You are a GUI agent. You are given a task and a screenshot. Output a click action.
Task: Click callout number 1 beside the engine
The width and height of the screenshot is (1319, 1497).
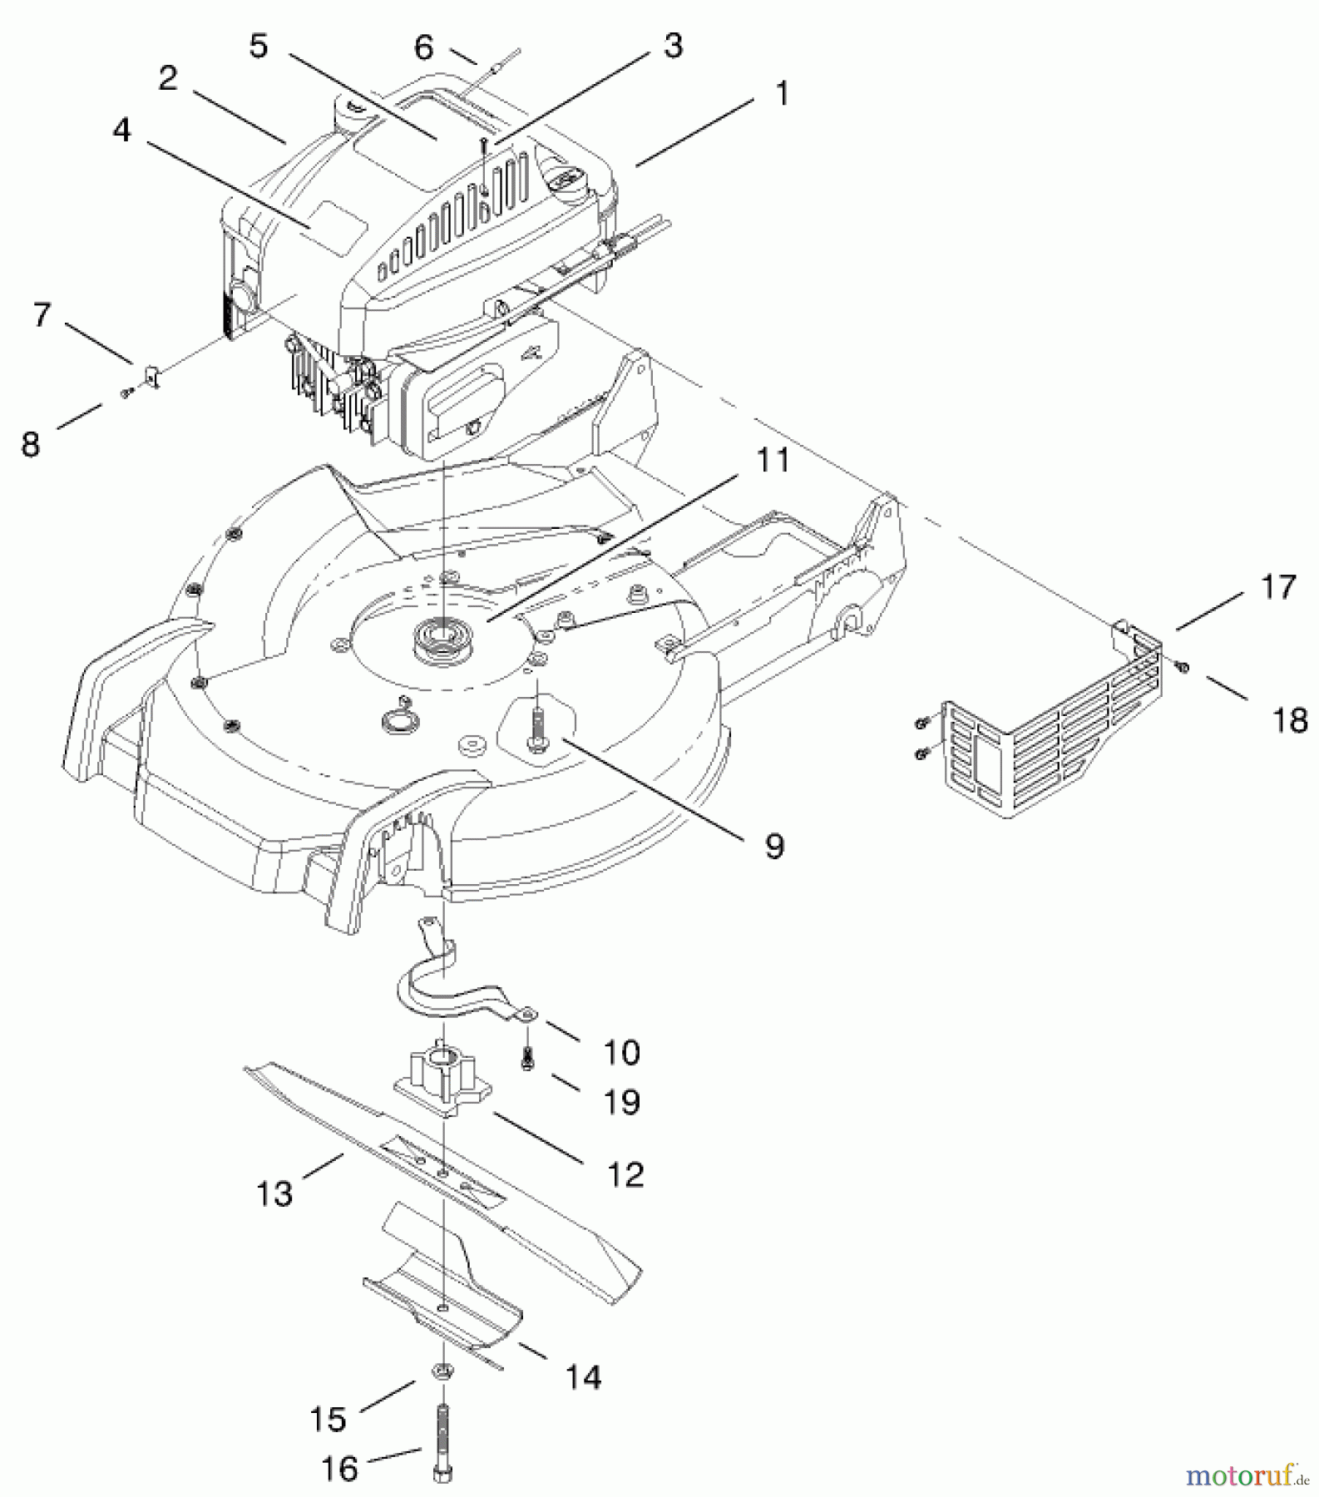(x=781, y=93)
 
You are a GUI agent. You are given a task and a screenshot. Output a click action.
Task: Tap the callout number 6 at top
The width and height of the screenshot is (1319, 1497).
(x=423, y=47)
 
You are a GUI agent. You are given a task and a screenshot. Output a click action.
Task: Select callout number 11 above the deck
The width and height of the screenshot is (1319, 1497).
(x=773, y=459)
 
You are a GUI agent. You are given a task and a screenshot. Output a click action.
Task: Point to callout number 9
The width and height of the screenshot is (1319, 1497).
(x=773, y=846)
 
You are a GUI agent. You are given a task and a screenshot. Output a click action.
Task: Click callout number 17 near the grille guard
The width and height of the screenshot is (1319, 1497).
(x=1278, y=587)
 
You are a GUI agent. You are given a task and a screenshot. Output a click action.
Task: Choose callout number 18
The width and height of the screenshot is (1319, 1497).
(x=1290, y=719)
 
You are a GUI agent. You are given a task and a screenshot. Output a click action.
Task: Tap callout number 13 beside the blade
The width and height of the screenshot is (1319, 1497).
(x=274, y=1194)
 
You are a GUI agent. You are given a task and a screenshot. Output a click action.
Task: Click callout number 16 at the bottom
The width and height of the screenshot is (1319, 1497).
(x=338, y=1469)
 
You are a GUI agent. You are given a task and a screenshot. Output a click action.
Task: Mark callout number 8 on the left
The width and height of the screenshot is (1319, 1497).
(x=31, y=444)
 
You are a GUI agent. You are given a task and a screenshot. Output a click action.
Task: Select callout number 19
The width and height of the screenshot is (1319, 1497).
(x=621, y=1103)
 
